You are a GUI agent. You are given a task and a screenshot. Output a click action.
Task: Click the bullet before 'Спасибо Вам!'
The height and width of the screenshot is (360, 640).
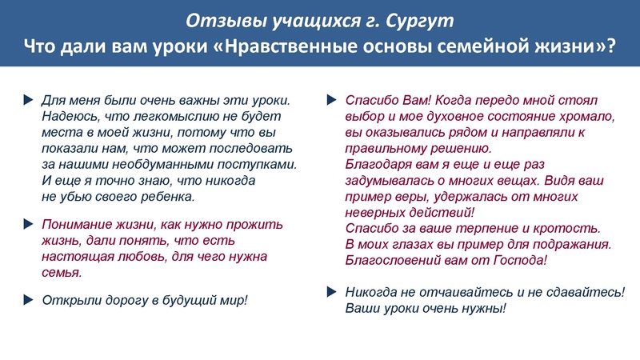(x=333, y=101)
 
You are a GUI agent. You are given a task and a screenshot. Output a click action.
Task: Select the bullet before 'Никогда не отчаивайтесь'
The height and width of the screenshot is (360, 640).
(x=333, y=293)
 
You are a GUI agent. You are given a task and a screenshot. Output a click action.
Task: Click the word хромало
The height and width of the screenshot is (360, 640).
(x=587, y=117)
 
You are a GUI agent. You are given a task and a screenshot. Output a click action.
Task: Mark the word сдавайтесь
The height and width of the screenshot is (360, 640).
(x=583, y=293)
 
